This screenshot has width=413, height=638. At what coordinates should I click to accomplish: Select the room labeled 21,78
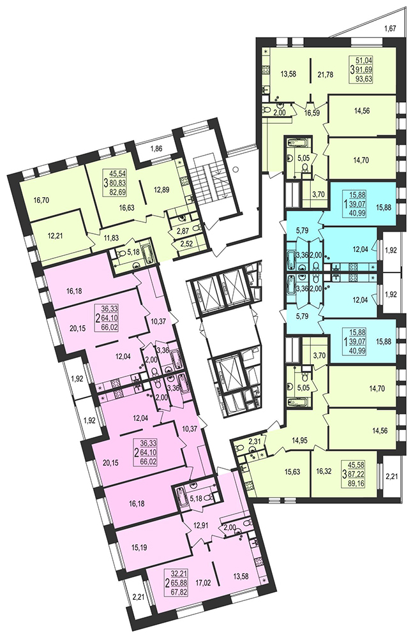[325, 74]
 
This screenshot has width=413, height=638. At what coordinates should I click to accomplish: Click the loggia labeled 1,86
[156, 149]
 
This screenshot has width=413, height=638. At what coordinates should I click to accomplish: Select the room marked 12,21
[56, 235]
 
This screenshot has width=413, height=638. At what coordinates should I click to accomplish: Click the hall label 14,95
[301, 439]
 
